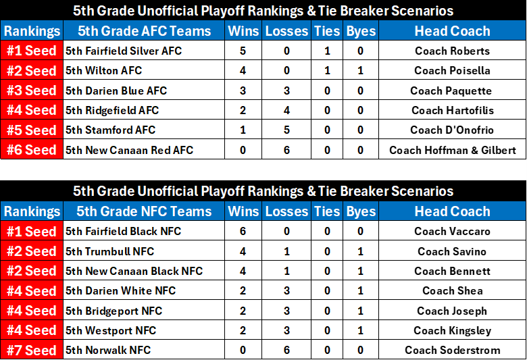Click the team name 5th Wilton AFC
(x=103, y=71)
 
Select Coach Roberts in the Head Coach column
(x=452, y=51)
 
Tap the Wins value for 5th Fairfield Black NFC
(x=243, y=231)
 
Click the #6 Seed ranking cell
(x=32, y=150)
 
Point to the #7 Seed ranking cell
(x=32, y=351)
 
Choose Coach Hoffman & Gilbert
(x=453, y=150)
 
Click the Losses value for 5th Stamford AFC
(x=286, y=130)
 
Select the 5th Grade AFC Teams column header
(x=144, y=31)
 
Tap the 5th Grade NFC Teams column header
(x=144, y=211)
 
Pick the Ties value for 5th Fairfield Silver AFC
(x=327, y=51)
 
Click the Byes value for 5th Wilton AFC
(x=360, y=71)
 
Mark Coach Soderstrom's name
(x=453, y=351)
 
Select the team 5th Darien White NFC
(x=120, y=290)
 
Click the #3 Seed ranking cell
(x=32, y=91)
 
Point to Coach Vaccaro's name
(x=452, y=231)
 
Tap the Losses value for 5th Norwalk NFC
(x=286, y=351)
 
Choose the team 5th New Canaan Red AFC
(x=130, y=150)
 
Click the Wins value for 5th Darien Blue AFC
(x=243, y=91)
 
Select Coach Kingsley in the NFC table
(x=453, y=331)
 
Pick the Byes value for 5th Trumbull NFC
(x=360, y=251)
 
